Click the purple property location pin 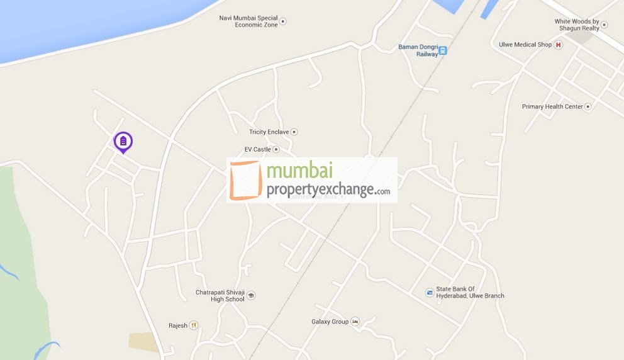click(x=123, y=142)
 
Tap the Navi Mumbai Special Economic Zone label click(x=248, y=21)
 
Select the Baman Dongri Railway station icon click(x=443, y=50)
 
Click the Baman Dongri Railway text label click(x=418, y=50)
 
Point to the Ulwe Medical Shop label click(x=525, y=45)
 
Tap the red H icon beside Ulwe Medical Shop click(x=558, y=45)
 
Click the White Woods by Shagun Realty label click(x=577, y=25)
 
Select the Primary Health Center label click(x=552, y=106)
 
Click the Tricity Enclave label click(x=269, y=132)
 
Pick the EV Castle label click(x=257, y=149)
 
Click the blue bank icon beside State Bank click(x=430, y=292)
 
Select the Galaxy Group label click(x=330, y=321)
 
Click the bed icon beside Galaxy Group click(x=355, y=321)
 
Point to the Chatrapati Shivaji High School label click(x=220, y=296)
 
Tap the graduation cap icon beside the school click(x=251, y=295)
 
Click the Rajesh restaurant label click(x=178, y=325)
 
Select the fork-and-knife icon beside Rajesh click(x=194, y=325)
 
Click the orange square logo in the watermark click(x=245, y=180)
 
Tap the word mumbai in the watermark click(x=299, y=172)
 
